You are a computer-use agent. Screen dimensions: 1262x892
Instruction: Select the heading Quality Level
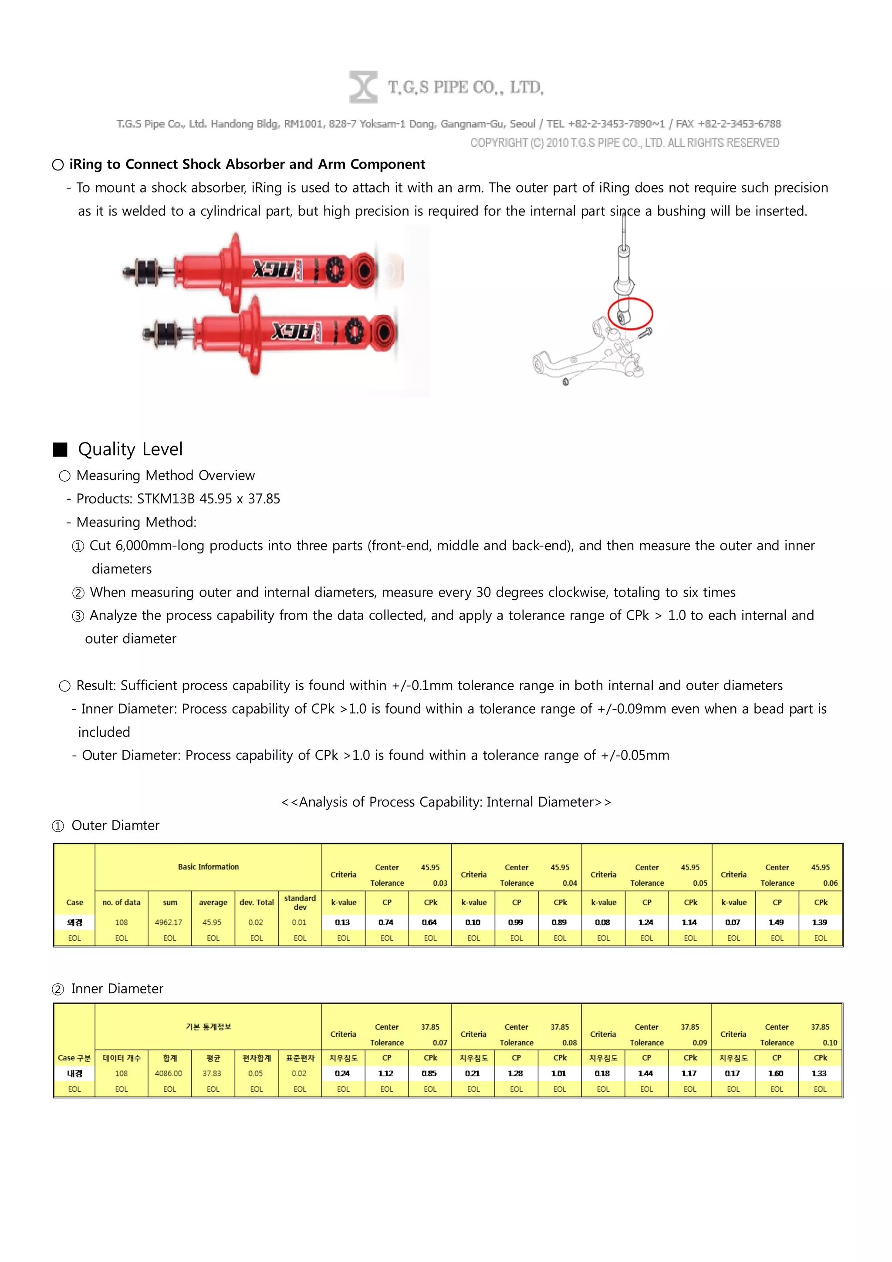point(130,449)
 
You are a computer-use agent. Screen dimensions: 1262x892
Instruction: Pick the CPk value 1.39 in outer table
point(819,922)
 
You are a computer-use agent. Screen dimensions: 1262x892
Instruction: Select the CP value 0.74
point(386,922)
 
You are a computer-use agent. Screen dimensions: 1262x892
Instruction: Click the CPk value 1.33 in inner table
point(819,1073)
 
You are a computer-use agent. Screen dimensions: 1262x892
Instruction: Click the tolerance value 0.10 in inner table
point(829,1042)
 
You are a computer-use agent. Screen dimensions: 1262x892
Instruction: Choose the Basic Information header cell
point(208,867)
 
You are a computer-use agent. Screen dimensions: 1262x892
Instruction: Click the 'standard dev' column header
point(300,902)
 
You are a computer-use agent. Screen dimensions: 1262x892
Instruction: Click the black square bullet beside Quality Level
point(60,449)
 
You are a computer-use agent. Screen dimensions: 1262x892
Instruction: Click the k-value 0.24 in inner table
point(342,1073)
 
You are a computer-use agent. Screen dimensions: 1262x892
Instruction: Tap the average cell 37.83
point(212,1073)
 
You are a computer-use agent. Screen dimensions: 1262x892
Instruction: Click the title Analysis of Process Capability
point(446,802)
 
